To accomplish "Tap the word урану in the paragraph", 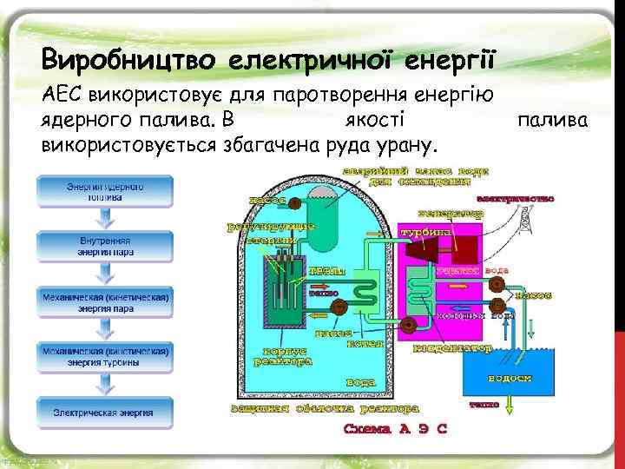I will (411, 142).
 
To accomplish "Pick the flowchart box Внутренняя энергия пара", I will (106, 246).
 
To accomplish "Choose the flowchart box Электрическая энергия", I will (106, 412).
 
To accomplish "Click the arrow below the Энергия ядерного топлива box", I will (106, 218).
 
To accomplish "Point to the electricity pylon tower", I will (523, 222).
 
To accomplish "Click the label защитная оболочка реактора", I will (326, 406).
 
